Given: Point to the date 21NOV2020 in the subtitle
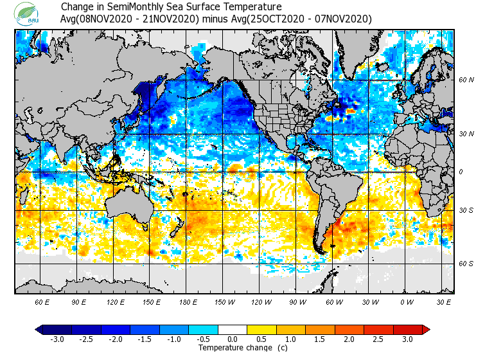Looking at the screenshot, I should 173,19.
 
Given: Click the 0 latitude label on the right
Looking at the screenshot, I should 461,172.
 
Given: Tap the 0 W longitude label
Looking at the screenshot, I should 407,301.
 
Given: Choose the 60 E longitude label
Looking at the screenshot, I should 42,301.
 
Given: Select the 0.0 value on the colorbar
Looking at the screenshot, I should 233,339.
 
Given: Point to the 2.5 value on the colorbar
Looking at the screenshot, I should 378,339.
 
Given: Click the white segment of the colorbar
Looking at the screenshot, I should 233,330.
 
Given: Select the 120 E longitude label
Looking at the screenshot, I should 115,301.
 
